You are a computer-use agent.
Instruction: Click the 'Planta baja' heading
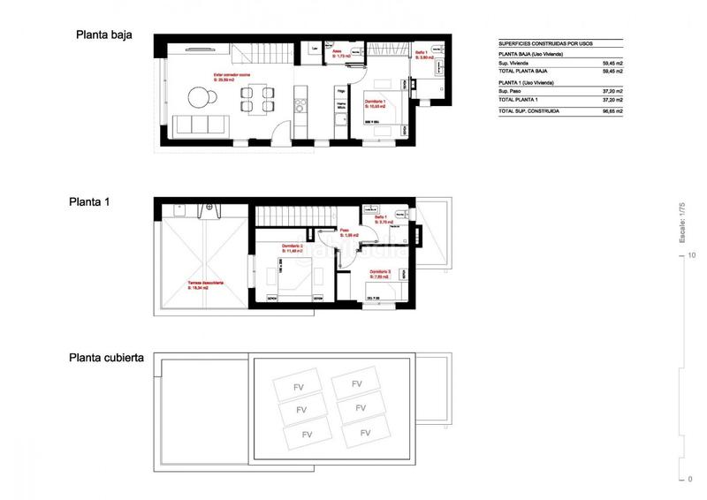coord(104,36)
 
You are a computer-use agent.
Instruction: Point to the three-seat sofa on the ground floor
coord(200,124)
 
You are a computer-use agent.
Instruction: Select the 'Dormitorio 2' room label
coord(293,246)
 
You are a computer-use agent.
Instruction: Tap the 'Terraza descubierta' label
coord(205,284)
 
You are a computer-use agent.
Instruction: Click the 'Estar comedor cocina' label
coord(232,75)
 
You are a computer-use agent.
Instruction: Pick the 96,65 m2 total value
coord(612,112)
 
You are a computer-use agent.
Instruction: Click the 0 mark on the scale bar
coord(690,479)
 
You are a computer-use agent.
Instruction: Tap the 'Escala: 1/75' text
coord(681,223)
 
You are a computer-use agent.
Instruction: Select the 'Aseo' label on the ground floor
coord(337,52)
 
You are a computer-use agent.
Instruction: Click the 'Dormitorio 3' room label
coord(381,272)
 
